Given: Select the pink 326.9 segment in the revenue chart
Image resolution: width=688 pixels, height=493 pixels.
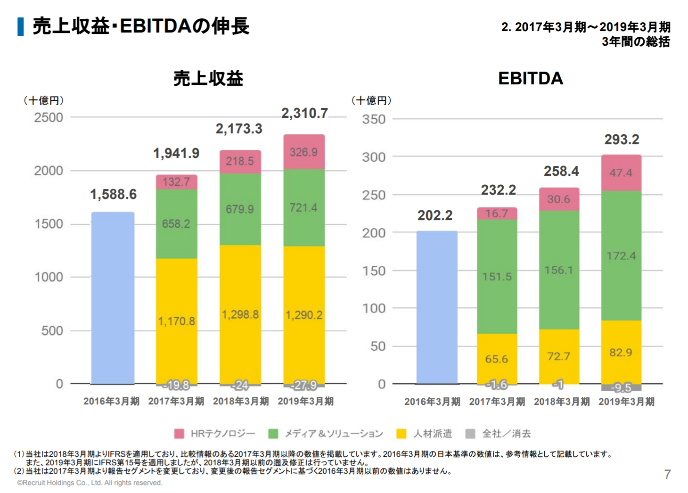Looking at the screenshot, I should (304, 152).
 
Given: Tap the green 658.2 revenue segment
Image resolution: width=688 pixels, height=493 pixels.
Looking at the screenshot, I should (176, 223).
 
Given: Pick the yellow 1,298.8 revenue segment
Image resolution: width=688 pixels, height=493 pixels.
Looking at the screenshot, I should (240, 314).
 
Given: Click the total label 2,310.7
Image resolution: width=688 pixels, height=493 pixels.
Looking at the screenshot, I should (304, 113).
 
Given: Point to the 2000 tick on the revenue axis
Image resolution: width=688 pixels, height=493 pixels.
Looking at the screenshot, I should (49, 171).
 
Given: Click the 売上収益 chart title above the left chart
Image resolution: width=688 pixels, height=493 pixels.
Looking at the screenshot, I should (208, 78).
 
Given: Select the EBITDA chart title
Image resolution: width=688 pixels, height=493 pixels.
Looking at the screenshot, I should (531, 78).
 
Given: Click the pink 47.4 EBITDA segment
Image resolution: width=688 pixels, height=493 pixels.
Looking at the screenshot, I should (621, 173).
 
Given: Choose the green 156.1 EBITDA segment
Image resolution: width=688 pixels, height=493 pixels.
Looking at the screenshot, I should (559, 270).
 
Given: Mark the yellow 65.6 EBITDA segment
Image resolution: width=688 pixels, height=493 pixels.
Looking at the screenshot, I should (497, 359).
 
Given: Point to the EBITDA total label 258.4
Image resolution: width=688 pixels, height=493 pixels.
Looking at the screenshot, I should (561, 171).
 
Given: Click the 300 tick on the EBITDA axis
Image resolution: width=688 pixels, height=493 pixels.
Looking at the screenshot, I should (374, 157).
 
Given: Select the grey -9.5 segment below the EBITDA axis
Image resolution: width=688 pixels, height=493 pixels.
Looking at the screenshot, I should (621, 388).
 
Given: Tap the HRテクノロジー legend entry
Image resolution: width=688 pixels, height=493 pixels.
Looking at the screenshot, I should (215, 434).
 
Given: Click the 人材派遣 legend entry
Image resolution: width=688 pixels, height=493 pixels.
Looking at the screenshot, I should (425, 434).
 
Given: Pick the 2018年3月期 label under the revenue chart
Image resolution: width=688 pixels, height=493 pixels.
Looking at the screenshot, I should (241, 402).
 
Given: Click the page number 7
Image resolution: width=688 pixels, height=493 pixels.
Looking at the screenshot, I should (667, 474).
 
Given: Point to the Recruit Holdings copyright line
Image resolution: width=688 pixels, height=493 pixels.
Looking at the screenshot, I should (90, 483).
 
